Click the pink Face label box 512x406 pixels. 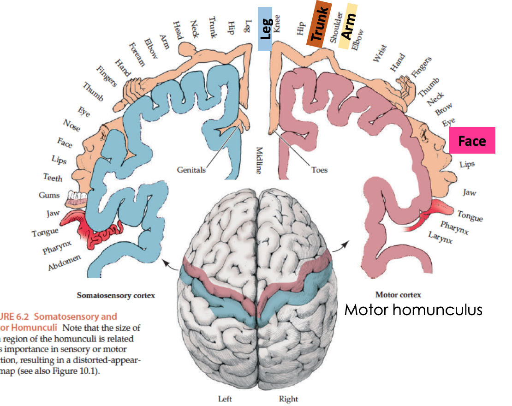(x=472, y=140)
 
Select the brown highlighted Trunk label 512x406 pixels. (x=319, y=24)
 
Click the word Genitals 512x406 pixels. (x=191, y=170)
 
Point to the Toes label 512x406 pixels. (x=319, y=170)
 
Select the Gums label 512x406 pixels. (x=49, y=195)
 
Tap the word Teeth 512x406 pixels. (x=53, y=177)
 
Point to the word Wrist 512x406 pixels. (x=380, y=54)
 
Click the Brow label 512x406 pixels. (x=444, y=109)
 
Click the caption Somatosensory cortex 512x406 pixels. (x=116, y=295)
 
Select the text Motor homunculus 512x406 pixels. (x=413, y=309)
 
